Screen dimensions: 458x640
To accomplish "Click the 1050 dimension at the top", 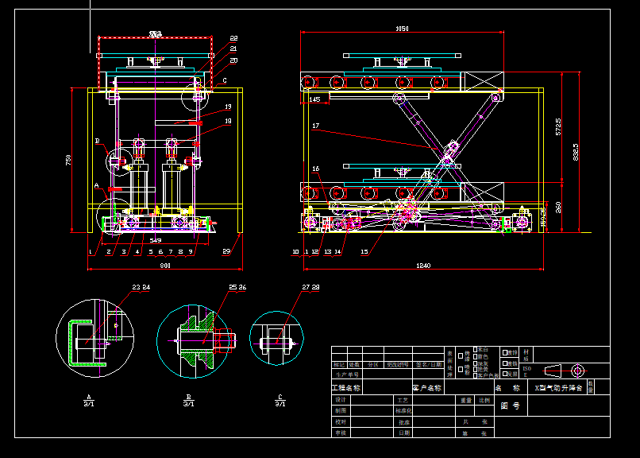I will click(402, 29).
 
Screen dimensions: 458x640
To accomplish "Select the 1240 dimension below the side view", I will click(422, 266).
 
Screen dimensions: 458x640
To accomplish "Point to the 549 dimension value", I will click(155, 240).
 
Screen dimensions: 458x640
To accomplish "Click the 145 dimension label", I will click(315, 99).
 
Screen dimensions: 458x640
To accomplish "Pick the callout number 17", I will click(315, 126).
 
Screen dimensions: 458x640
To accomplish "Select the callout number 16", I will click(315, 169).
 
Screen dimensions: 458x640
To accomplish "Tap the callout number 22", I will click(233, 38).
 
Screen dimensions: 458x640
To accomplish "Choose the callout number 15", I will click(364, 251).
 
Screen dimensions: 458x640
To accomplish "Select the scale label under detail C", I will click(280, 404).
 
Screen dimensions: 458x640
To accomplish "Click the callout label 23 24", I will click(141, 287).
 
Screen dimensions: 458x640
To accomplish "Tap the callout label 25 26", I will click(237, 287).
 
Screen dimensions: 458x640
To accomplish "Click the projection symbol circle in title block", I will click(577, 370).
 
